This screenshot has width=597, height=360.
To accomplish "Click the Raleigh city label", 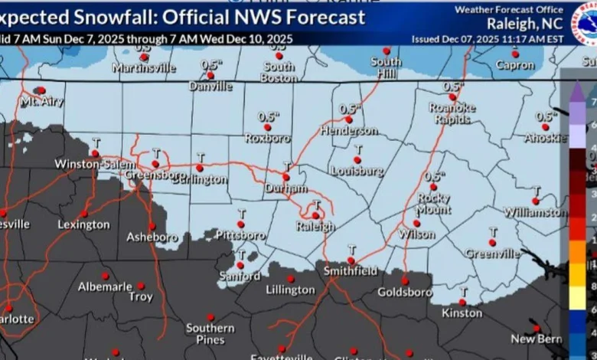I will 316,227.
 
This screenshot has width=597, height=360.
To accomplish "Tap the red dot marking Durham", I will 285,176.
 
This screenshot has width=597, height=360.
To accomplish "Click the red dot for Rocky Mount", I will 433,187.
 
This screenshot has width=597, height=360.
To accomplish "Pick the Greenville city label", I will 492,254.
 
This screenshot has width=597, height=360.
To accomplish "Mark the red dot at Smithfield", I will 351,260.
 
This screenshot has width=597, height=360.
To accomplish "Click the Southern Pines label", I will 210,334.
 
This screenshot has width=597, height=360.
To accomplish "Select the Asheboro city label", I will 152,237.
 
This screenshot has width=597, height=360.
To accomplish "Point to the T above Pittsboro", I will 241,214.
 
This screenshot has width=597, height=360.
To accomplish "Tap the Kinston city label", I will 462,313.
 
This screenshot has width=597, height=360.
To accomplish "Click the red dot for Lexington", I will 84,214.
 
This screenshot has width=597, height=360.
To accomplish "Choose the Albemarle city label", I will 105,287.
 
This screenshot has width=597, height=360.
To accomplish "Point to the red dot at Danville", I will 210,76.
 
